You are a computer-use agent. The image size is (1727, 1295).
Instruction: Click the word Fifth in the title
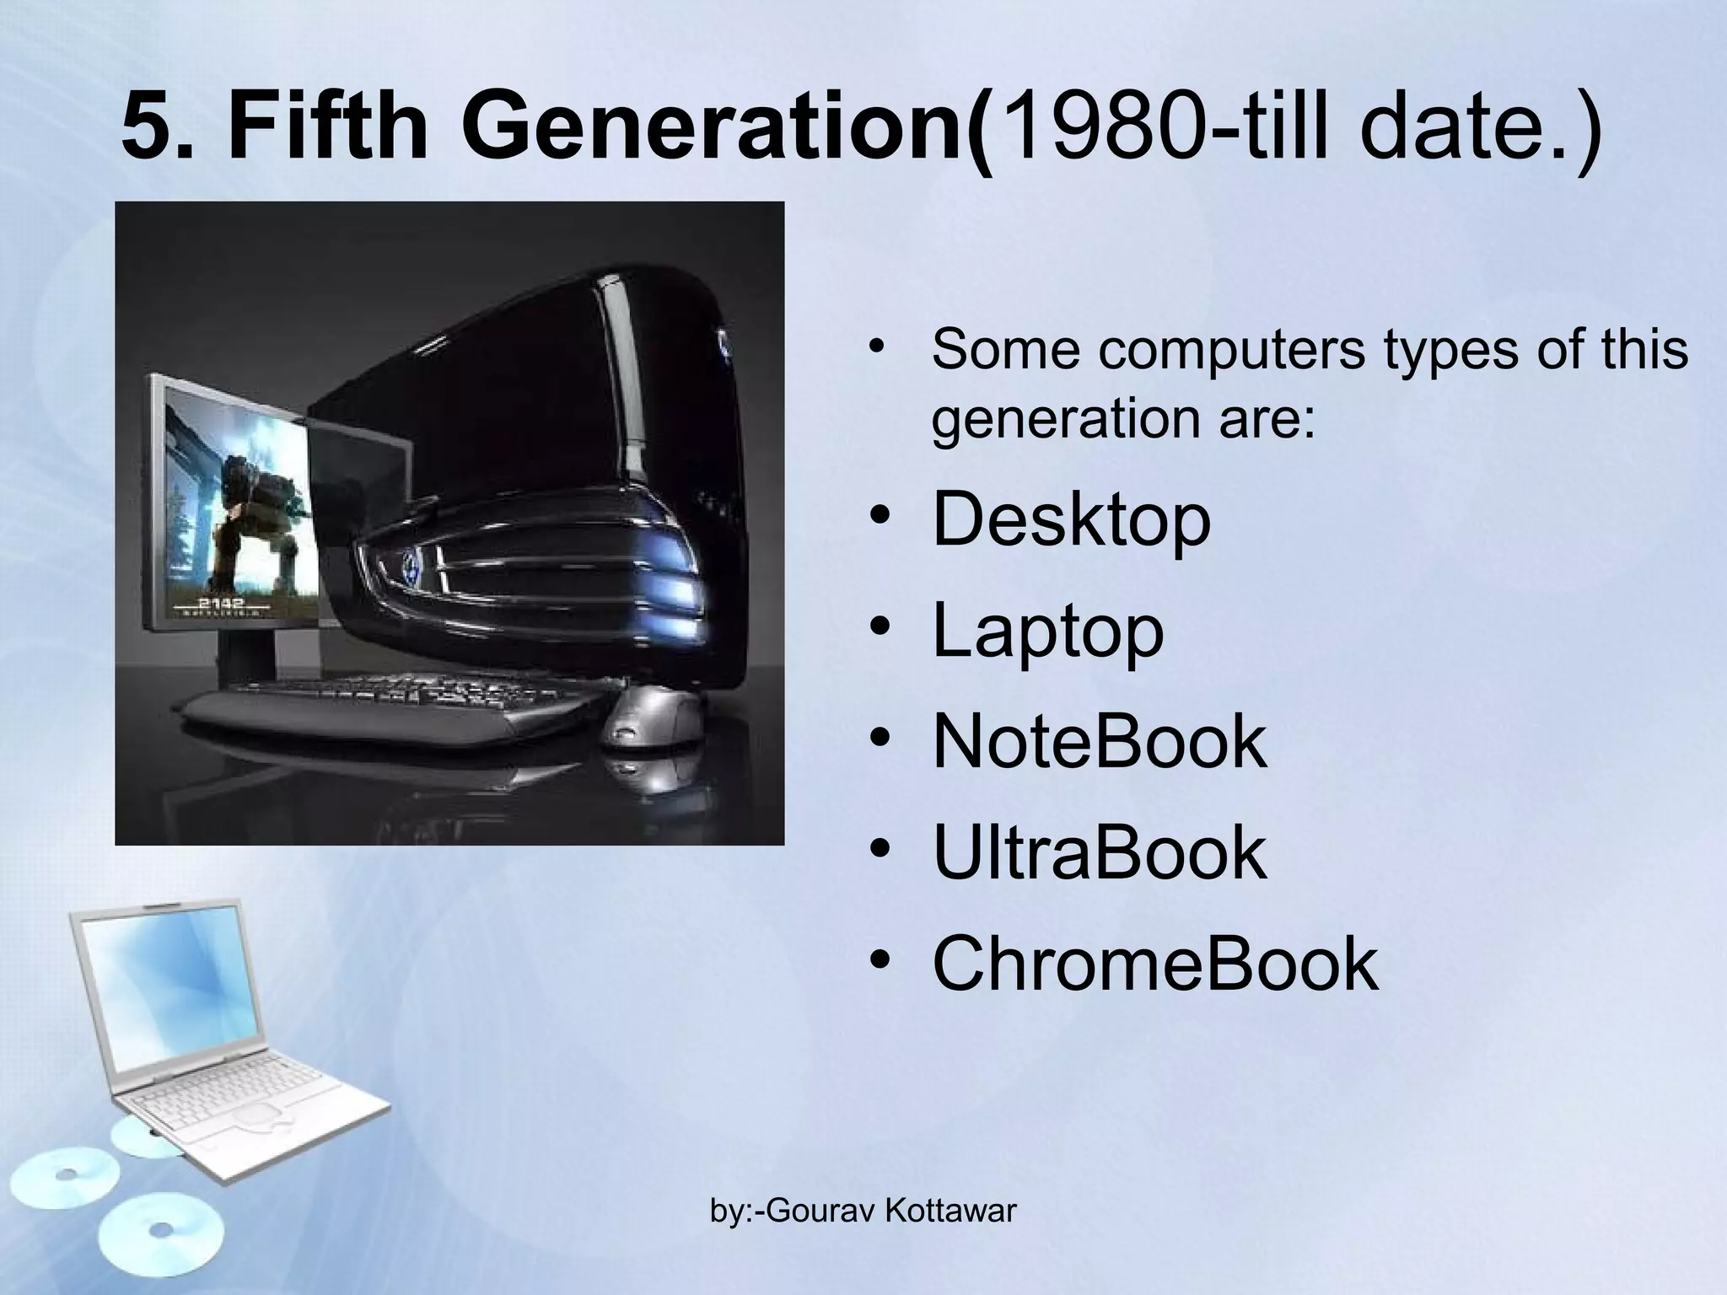pos(328,127)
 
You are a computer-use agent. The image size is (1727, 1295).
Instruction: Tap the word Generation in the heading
pos(718,127)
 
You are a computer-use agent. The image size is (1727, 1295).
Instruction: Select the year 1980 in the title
pos(1096,127)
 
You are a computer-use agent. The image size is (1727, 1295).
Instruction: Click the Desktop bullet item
pos(1071,520)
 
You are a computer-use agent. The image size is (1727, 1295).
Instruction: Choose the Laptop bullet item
pos(1047,631)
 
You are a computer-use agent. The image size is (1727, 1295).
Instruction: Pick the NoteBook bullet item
pos(1099,742)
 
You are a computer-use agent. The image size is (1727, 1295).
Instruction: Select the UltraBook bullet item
pos(1099,852)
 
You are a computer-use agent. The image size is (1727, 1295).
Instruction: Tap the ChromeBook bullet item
pos(1154,963)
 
